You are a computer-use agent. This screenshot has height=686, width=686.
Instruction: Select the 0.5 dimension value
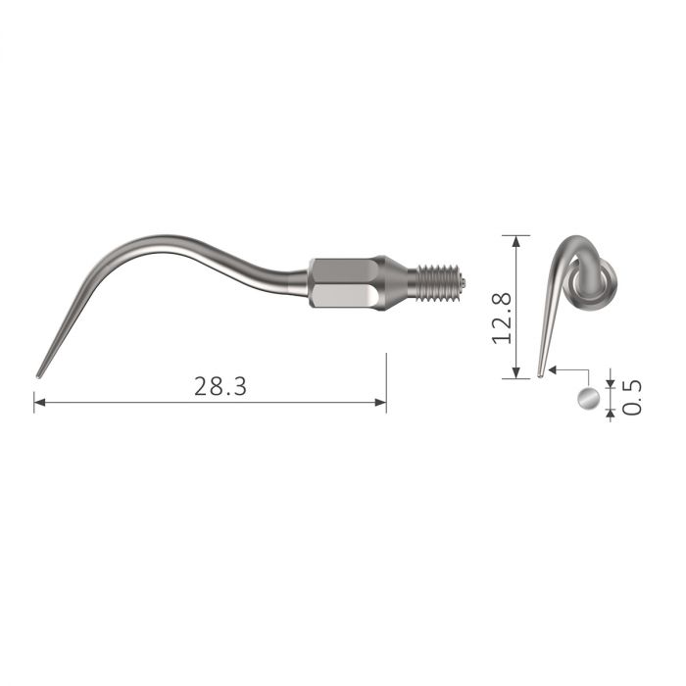coord(634,397)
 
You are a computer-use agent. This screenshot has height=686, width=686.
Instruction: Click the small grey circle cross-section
coord(588,399)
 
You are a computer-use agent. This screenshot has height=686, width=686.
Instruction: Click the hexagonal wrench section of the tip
coord(341,283)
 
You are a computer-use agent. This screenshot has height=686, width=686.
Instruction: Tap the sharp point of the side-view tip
coord(39,374)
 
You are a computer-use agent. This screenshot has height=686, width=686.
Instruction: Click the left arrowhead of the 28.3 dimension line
coord(39,401)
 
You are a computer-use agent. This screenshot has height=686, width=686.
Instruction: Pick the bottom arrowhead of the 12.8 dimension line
coord(515,373)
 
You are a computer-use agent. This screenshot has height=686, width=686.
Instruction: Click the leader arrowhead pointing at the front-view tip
coord(553,369)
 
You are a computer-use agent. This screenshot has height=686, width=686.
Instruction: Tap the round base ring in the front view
coord(598,285)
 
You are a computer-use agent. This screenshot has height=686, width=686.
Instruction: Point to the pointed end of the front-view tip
coord(540,373)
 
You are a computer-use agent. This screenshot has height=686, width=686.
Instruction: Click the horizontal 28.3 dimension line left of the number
coord(118,401)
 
